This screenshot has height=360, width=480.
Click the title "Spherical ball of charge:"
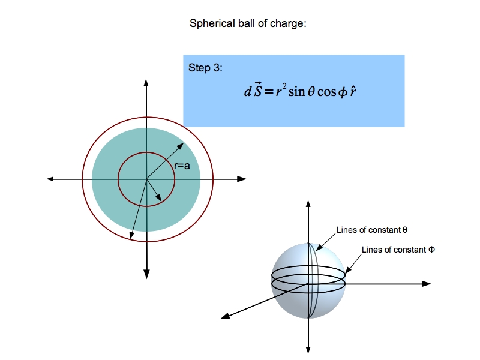pos(248,24)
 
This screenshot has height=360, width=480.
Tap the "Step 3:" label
pos(205,67)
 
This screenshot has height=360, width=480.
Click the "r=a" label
pos(182,166)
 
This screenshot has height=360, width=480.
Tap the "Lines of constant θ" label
pos(372,230)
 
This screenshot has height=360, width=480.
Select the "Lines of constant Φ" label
pos(398,249)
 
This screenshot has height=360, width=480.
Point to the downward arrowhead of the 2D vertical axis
pos(146,274)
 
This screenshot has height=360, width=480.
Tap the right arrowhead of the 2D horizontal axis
pos(242,179)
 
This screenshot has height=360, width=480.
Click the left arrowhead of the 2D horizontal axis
pos(50,179)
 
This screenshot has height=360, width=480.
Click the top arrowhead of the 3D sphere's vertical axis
pos(308,202)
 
